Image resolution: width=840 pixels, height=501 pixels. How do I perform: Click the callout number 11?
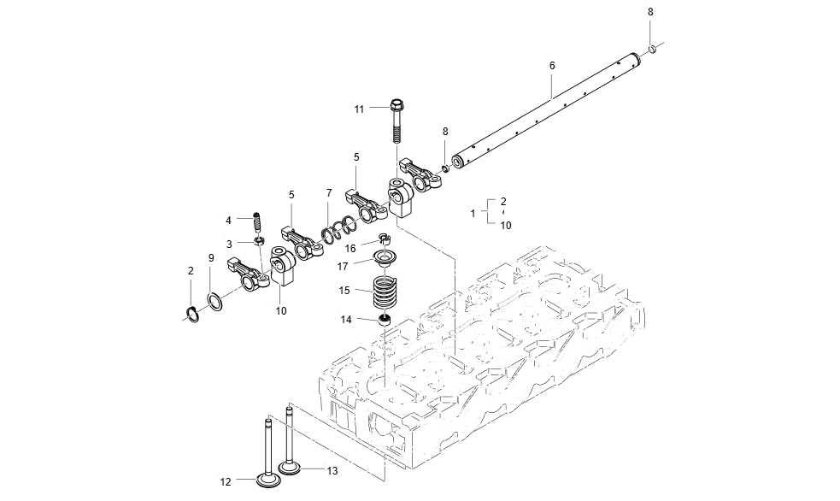(x=359, y=109)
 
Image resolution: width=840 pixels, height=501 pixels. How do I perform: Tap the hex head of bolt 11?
(x=397, y=107)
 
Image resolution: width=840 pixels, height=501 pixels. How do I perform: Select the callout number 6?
(x=552, y=66)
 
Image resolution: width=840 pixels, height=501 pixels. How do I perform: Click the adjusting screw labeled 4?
(x=256, y=221)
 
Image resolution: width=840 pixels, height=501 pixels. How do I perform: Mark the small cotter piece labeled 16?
(x=384, y=239)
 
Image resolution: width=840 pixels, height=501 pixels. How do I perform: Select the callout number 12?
(x=226, y=482)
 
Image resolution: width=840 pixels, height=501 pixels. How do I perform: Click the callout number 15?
(x=344, y=291)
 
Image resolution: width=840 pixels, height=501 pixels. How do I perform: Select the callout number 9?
(x=211, y=258)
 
